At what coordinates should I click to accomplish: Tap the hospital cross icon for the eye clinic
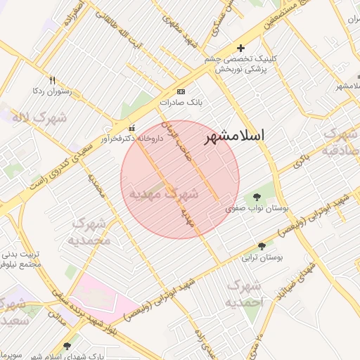click(241, 49)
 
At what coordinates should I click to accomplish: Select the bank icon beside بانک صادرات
click(182, 92)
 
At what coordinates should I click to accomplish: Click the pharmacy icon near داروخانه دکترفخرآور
click(133, 128)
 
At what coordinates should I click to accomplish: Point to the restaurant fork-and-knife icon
click(52, 80)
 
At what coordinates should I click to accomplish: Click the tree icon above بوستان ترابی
click(262, 246)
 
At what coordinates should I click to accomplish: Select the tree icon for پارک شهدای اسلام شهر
click(67, 346)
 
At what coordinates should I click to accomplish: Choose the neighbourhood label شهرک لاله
click(39, 117)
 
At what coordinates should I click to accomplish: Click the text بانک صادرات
click(181, 103)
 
